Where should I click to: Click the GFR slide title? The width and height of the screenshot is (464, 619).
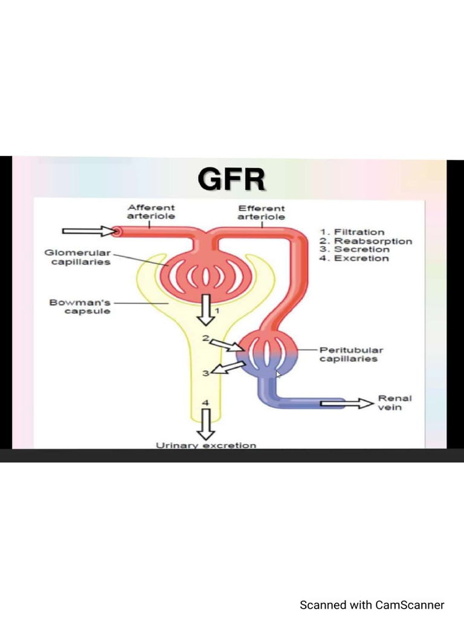(232, 180)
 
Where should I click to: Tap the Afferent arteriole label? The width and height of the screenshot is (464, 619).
(151, 212)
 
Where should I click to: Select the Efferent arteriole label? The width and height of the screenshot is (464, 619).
(261, 212)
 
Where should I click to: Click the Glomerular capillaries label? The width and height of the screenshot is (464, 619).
(77, 258)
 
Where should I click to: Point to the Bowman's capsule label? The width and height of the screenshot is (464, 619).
(80, 306)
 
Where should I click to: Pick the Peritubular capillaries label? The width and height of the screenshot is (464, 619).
(350, 354)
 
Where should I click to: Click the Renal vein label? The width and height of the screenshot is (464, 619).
(395, 403)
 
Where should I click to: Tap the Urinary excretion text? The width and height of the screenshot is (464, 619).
(206, 445)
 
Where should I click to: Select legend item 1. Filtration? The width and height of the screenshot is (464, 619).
(352, 232)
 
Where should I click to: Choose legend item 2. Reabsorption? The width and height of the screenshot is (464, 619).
(366, 241)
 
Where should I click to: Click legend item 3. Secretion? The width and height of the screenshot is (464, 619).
(354, 250)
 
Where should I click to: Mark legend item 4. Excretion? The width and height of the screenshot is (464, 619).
(354, 259)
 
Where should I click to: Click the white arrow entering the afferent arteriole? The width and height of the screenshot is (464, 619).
(88, 230)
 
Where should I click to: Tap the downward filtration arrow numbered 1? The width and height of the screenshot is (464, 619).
(207, 309)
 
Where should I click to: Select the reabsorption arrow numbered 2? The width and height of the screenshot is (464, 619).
(228, 345)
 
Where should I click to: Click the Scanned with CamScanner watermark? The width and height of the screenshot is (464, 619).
(372, 604)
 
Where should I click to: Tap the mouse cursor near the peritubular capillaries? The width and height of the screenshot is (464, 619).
(279, 375)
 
